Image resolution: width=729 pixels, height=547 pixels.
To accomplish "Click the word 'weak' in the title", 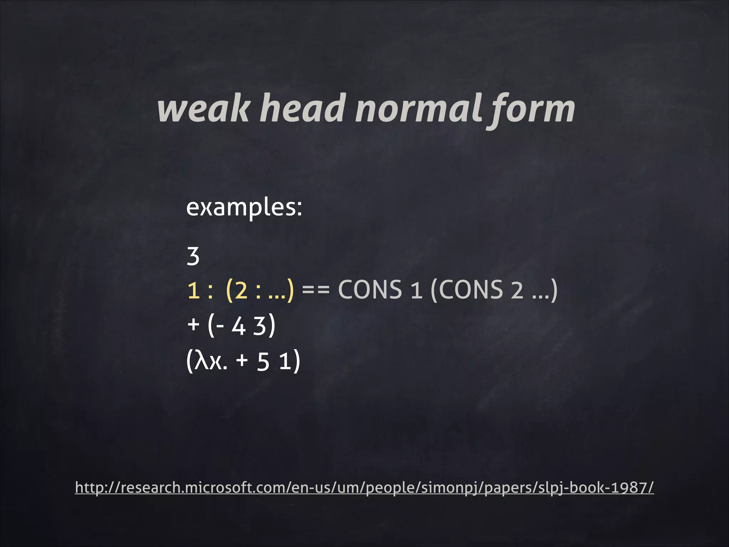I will (203, 109).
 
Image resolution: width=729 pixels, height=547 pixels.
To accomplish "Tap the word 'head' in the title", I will (303, 109).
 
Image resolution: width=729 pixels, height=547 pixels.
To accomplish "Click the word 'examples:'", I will (244, 207).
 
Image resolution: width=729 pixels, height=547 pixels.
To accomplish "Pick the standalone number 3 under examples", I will (193, 256).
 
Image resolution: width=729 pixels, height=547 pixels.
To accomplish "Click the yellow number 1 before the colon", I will (193, 290).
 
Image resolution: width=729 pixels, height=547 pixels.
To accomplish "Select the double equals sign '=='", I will (316, 290).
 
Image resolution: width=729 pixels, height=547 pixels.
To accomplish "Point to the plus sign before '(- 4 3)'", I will (193, 325).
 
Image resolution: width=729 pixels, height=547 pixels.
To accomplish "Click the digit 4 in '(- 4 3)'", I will (238, 326).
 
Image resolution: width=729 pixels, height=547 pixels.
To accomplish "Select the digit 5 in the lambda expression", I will (263, 362).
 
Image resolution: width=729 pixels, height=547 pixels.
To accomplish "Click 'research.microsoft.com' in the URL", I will (204, 488).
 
